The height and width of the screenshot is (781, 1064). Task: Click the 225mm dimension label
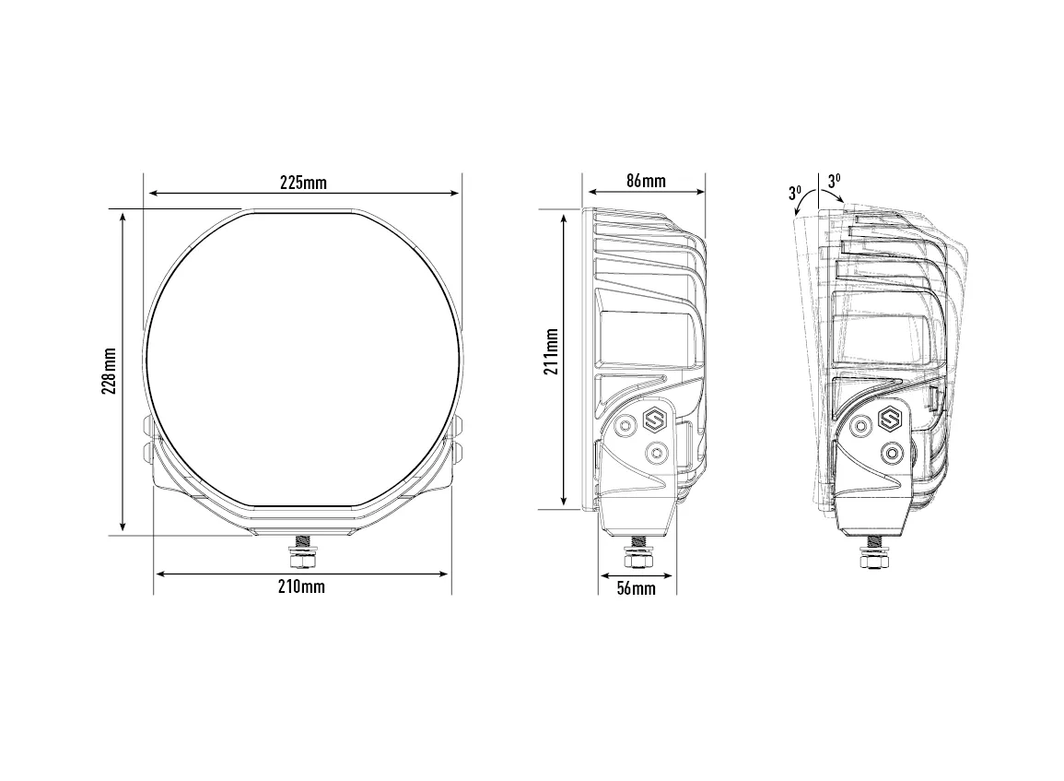303,183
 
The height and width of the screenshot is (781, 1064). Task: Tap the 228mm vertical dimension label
110,371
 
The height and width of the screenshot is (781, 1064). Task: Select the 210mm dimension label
301,586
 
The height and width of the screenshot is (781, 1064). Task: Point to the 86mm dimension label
646,181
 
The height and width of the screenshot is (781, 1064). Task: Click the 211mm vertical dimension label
551,352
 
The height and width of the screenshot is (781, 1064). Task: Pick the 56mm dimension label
637,588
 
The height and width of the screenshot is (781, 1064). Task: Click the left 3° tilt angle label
795,193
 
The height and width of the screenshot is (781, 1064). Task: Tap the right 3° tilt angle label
834,181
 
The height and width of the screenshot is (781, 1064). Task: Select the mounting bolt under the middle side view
637,550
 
